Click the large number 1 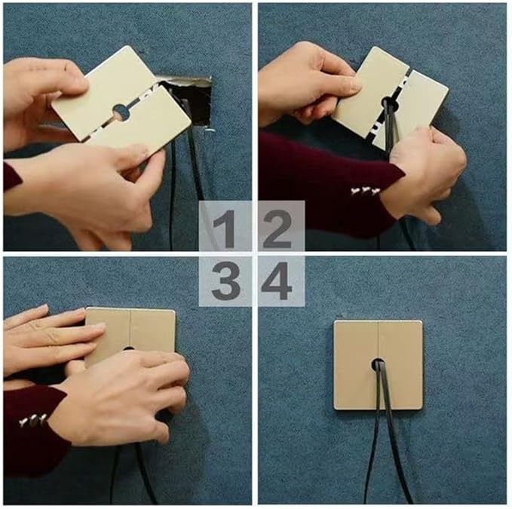click(225, 229)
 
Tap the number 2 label click(277, 229)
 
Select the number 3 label click(225, 281)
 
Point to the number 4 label click(276, 281)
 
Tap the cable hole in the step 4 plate click(378, 364)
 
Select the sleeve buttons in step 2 click(365, 192)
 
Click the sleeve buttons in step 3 click(32, 421)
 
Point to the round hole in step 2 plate click(390, 104)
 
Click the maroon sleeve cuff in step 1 click(12, 176)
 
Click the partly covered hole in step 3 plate click(128, 348)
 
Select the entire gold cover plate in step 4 click(378, 365)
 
